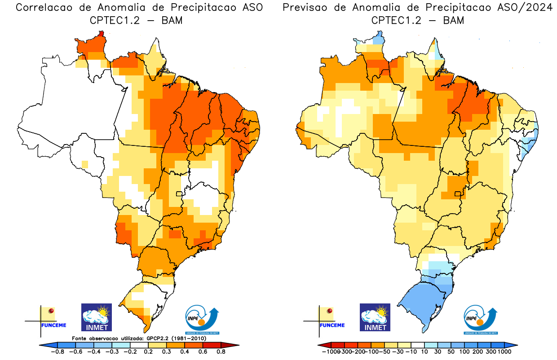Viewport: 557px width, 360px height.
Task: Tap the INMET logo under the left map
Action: pyautogui.click(x=97, y=317)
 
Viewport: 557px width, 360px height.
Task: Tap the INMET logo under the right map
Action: pyautogui.click(x=375, y=317)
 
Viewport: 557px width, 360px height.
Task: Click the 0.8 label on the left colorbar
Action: pyautogui.click(x=221, y=352)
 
